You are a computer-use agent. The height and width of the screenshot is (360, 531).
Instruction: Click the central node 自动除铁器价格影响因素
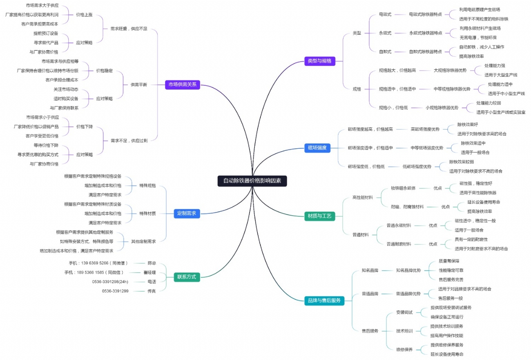tap(252, 181)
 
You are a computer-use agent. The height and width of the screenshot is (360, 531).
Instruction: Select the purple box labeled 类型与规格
tap(319, 61)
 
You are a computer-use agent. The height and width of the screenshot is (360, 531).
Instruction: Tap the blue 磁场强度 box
tap(317, 148)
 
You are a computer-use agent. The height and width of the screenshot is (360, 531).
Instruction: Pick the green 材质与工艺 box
tap(319, 215)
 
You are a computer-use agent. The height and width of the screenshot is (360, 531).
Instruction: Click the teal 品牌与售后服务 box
tap(324, 301)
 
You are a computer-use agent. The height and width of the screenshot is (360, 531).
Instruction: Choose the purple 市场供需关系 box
tap(183, 85)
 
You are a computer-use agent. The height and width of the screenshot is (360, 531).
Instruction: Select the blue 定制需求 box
tap(187, 213)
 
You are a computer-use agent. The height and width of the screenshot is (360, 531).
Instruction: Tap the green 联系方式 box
tap(186, 277)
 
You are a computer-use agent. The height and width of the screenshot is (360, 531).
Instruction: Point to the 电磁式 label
tap(385, 14)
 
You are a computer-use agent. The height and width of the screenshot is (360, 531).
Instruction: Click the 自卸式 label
tap(385, 51)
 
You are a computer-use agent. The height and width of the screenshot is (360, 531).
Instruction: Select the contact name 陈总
tap(152, 263)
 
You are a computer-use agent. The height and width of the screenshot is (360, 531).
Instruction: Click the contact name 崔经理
tap(149, 273)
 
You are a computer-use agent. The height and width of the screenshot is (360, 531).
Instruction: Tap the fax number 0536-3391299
tap(115, 291)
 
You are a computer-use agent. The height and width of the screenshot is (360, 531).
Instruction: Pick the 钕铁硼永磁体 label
tap(403, 188)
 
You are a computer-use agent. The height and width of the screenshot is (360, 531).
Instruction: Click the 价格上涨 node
tap(84, 14)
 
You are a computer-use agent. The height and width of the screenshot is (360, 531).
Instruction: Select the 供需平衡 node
tap(139, 85)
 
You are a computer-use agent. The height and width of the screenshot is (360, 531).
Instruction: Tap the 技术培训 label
tap(404, 331)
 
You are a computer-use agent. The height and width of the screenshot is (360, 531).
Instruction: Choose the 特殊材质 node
tap(147, 213)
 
